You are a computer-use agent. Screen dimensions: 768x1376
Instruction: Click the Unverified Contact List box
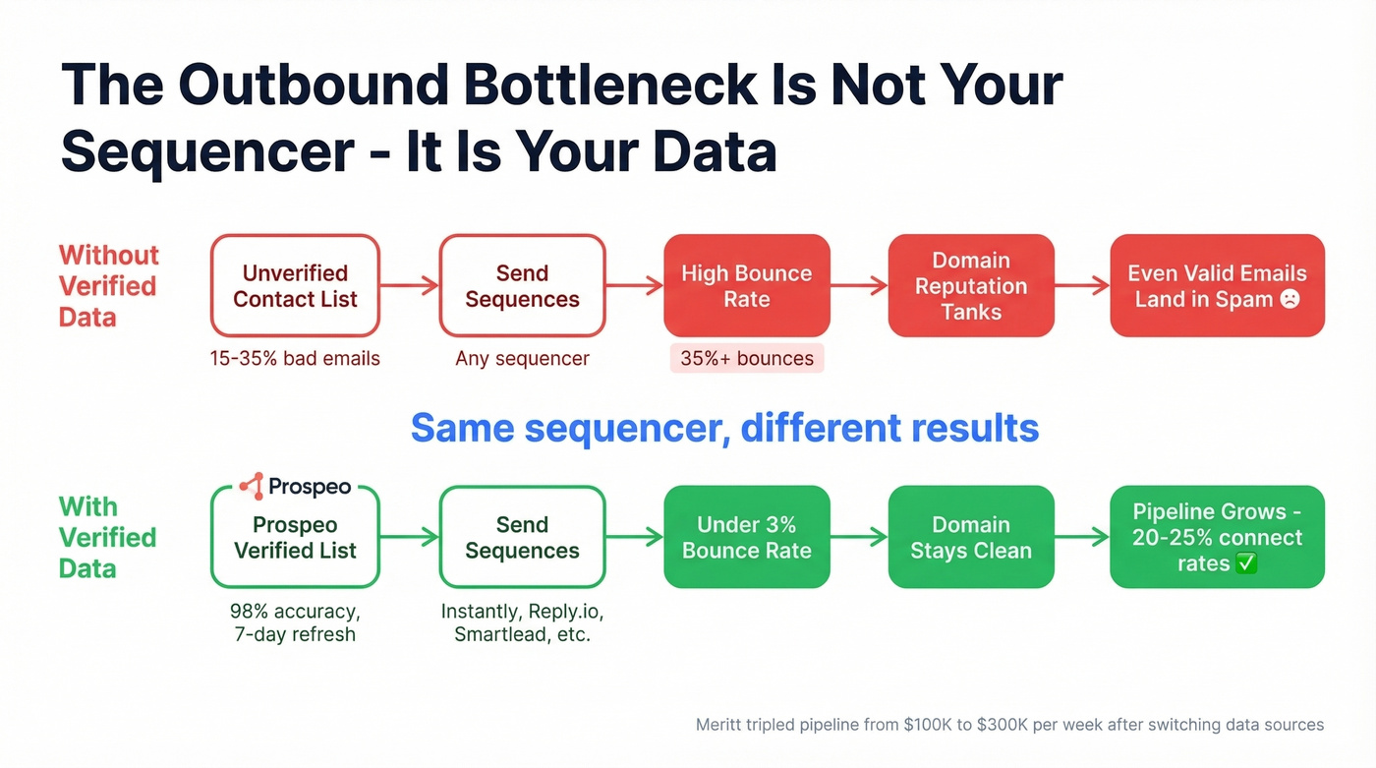point(295,286)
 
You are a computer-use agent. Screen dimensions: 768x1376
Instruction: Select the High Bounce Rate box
point(747,286)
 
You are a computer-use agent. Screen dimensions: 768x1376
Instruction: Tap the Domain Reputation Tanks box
point(971,286)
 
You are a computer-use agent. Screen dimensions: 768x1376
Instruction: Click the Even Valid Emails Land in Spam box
point(1217,286)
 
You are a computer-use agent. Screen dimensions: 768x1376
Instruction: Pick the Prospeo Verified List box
point(295,538)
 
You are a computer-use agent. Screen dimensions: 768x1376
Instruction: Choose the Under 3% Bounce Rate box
point(747,538)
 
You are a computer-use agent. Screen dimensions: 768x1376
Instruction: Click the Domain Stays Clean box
point(971,538)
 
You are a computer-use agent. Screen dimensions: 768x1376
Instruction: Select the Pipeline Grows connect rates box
point(1217,538)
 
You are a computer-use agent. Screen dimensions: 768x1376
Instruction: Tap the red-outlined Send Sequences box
point(522,286)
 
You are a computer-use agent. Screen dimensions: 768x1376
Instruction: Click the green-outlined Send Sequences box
point(522,538)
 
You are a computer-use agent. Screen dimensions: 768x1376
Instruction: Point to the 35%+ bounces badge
point(747,359)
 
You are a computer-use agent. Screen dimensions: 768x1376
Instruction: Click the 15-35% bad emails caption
point(295,359)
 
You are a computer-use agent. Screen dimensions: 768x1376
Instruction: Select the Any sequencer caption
point(522,359)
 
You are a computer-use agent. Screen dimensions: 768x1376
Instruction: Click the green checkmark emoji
point(1245,564)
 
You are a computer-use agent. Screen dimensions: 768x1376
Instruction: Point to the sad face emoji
point(1290,299)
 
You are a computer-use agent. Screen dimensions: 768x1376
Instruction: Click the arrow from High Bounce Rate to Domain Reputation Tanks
point(859,286)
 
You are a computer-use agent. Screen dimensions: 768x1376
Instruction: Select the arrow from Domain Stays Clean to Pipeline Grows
point(1082,538)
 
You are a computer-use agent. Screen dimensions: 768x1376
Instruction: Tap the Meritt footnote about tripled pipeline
point(1009,725)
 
